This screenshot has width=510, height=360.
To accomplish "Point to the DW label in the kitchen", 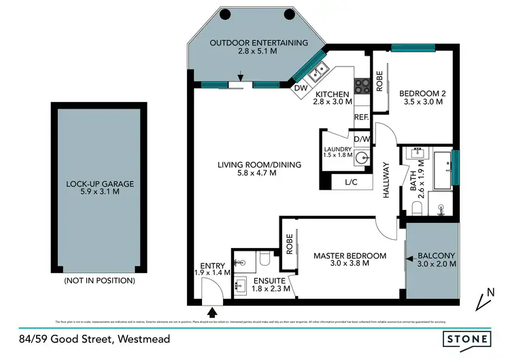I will click(x=300, y=88).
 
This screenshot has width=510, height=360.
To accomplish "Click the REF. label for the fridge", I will click(x=360, y=118).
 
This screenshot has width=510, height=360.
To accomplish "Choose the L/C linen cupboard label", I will click(x=351, y=182).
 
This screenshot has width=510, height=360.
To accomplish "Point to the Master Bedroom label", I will click(x=350, y=256).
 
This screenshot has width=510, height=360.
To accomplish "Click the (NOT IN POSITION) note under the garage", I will click(x=99, y=280).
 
